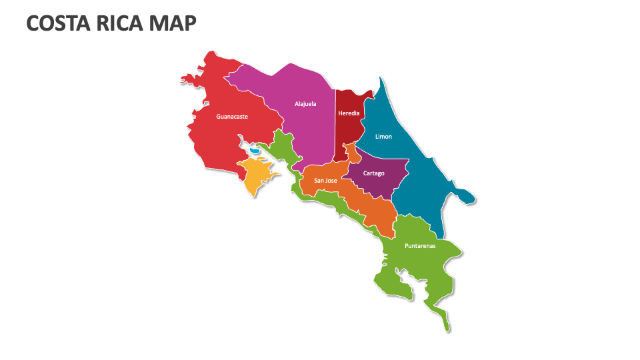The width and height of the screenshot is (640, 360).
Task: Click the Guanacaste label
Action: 232,117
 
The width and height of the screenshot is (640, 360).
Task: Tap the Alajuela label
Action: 305,104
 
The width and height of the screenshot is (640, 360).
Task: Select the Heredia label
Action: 349,113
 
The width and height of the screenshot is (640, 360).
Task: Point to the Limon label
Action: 383,137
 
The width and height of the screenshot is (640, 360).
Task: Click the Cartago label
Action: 373,173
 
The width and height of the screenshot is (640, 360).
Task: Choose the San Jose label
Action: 326,180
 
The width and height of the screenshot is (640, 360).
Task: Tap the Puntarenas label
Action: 420,246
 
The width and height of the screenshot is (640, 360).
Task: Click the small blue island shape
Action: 255,151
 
